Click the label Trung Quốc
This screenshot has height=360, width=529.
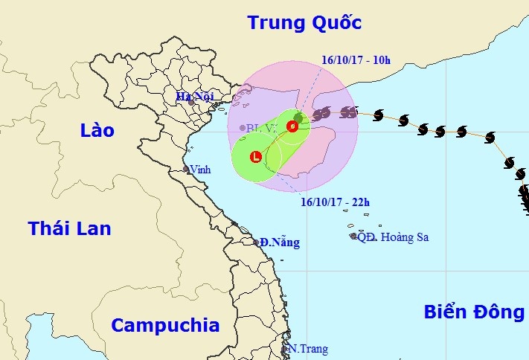[x=304, y=23]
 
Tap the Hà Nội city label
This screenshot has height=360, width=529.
[x=194, y=95]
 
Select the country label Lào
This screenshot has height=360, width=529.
[x=97, y=130]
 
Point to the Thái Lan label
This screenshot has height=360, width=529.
[x=69, y=228]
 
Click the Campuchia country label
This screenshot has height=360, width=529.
[x=165, y=325]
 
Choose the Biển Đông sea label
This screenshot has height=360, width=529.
[x=474, y=312]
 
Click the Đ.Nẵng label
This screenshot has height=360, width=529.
[x=280, y=242]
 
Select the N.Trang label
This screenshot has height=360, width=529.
[x=308, y=349]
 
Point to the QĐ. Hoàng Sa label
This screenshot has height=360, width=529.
[x=393, y=237]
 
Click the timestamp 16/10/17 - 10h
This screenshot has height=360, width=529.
[x=356, y=60]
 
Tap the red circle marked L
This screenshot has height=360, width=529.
[x=256, y=157]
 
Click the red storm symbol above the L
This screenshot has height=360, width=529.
[x=292, y=126]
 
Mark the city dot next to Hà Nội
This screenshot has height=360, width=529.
[x=191, y=102]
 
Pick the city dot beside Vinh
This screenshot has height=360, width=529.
[x=186, y=170]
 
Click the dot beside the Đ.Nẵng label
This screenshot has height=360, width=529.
[x=256, y=242]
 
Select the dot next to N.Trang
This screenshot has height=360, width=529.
[x=286, y=348]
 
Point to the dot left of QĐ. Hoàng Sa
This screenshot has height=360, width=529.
[x=353, y=237]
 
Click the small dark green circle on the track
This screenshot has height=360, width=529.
[x=298, y=118]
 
